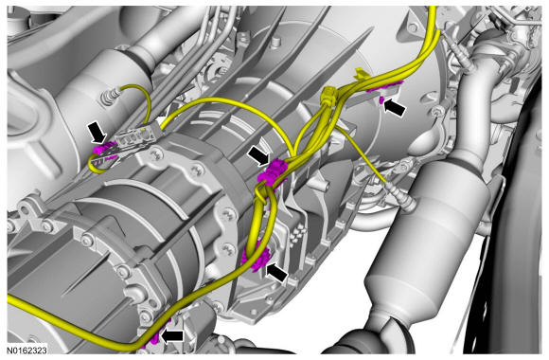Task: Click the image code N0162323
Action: pyautogui.click(x=27, y=350)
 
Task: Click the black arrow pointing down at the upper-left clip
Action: pyautogui.click(x=97, y=132)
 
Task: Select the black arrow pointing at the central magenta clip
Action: pyautogui.click(x=258, y=155)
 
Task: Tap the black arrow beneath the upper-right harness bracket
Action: pyautogui.click(x=395, y=108)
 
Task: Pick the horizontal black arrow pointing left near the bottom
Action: pyautogui.click(x=172, y=335)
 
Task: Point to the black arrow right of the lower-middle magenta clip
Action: pyautogui.click(x=277, y=273)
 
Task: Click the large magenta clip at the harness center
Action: pyautogui.click(x=273, y=172)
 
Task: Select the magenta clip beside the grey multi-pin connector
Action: pyautogui.click(x=104, y=150)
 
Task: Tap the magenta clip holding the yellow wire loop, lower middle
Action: pyautogui.click(x=257, y=259)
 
